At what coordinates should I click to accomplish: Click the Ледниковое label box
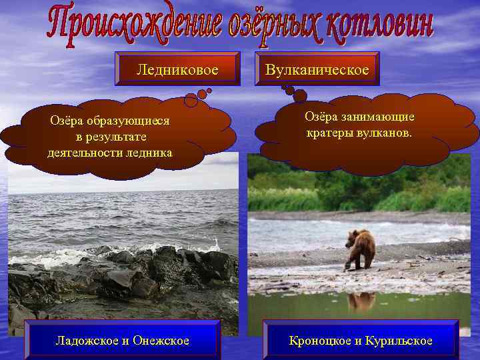[x=177, y=69]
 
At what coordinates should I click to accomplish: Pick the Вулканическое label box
[x=317, y=69]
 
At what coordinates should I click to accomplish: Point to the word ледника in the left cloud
[x=153, y=153]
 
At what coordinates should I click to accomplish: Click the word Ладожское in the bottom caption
[x=87, y=341]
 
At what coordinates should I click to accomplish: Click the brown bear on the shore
[x=360, y=247]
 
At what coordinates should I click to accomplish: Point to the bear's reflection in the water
[x=361, y=301]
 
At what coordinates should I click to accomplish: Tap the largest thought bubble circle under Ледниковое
[x=191, y=100]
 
